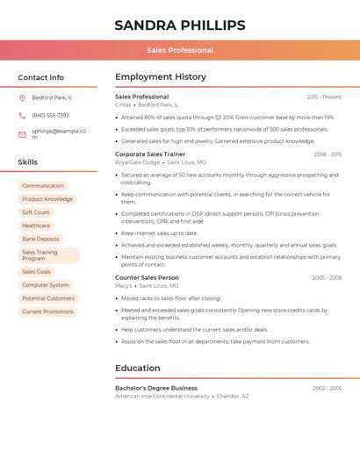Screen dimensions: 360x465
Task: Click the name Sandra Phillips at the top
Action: (179, 25)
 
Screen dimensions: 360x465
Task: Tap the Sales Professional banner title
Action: (179, 50)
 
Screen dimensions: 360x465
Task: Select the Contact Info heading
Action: (40, 77)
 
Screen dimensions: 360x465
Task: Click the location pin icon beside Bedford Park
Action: (22, 97)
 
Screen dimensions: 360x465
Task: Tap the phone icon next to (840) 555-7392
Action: (22, 115)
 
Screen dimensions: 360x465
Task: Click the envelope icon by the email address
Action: (22, 134)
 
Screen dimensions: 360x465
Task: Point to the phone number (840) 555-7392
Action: (50, 115)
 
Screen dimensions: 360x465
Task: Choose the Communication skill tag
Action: (43, 186)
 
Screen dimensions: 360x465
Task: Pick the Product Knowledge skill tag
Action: (47, 199)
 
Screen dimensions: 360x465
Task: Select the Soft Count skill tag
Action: (36, 212)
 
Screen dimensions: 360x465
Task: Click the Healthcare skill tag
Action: (36, 225)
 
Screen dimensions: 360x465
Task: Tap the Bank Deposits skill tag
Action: (40, 239)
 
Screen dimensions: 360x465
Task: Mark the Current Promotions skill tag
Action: (47, 311)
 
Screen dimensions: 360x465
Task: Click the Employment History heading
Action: (161, 77)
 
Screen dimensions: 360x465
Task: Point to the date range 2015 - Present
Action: (324, 97)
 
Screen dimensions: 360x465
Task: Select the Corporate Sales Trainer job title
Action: (150, 154)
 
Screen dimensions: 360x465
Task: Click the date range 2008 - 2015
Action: (328, 154)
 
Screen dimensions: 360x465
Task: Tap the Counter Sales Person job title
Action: (147, 277)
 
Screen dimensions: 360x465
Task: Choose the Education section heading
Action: (138, 368)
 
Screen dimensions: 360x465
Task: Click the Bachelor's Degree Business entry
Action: (156, 388)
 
